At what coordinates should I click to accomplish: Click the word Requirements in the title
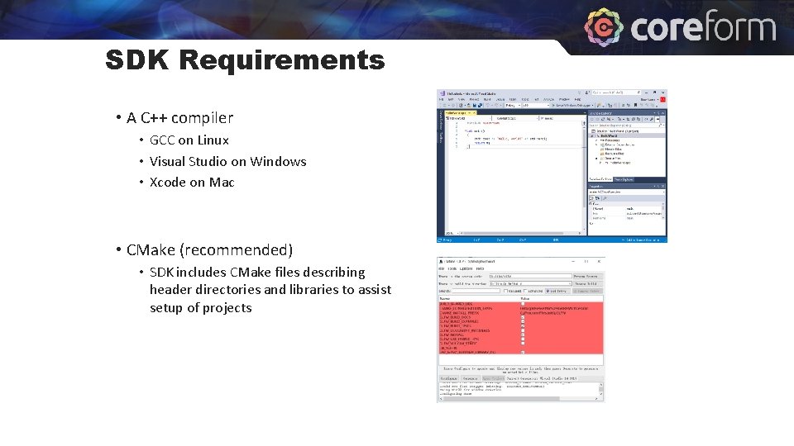coord(281,60)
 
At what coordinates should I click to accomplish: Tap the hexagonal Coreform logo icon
coord(604,28)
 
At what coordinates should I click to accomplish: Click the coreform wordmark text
coord(703,28)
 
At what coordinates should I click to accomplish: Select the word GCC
coord(162,140)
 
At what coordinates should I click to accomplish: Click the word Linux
coord(213,140)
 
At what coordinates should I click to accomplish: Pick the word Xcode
coord(168,183)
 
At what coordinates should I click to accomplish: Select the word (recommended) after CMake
coord(241,250)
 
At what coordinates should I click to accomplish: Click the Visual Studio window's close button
coord(662,98)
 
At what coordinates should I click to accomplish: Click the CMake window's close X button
coord(600,261)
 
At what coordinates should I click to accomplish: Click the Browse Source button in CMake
coord(586,276)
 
